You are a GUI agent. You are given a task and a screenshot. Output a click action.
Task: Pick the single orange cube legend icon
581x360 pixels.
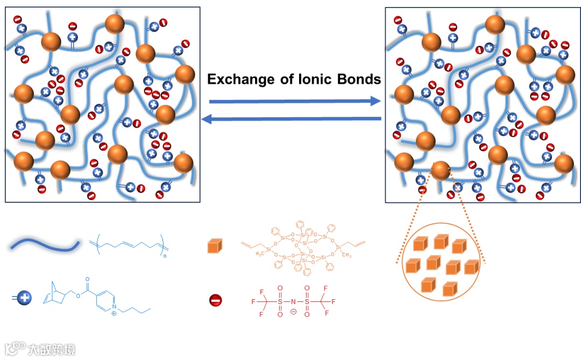[215, 247]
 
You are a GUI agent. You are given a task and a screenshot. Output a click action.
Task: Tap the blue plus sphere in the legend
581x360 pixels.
[25, 297]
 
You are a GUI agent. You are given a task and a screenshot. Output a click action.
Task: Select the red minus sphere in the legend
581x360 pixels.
[216, 300]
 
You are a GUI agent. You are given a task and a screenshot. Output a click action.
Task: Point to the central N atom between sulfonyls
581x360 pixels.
[293, 301]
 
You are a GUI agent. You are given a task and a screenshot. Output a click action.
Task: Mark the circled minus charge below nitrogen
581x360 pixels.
[293, 312]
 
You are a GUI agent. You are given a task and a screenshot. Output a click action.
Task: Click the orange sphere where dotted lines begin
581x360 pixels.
[440, 172]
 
